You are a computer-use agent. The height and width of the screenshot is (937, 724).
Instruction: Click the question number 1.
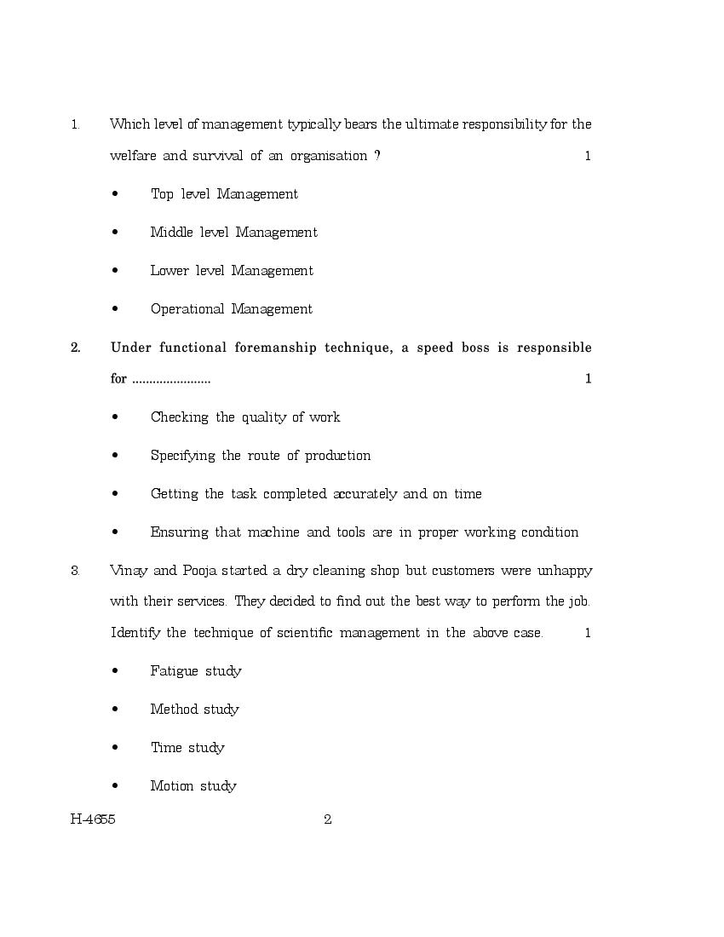pyautogui.click(x=75, y=124)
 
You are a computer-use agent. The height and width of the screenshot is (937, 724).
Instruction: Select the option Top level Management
pyautogui.click(x=224, y=194)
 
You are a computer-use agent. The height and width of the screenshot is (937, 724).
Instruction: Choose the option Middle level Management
pyautogui.click(x=233, y=233)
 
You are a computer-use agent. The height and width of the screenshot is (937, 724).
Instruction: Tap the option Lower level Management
pyautogui.click(x=232, y=271)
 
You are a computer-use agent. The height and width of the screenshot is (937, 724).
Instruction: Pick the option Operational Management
pyautogui.click(x=231, y=309)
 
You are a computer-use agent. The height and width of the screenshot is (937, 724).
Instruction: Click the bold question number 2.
pyautogui.click(x=76, y=348)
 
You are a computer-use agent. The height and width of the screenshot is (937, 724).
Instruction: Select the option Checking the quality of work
pyautogui.click(x=244, y=417)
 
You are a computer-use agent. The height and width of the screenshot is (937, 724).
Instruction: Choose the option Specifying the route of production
pyautogui.click(x=260, y=456)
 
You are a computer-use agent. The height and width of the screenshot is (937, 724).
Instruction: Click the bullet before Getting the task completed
pyautogui.click(x=115, y=494)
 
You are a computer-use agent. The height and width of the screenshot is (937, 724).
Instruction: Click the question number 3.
pyautogui.click(x=75, y=571)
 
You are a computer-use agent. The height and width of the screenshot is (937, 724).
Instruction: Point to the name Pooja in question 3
pyautogui.click(x=201, y=571)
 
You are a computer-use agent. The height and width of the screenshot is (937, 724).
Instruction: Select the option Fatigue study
pyautogui.click(x=196, y=671)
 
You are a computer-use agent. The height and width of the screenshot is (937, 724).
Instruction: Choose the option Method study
pyautogui.click(x=194, y=710)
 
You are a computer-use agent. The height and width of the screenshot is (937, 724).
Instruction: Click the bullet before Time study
pyautogui.click(x=115, y=748)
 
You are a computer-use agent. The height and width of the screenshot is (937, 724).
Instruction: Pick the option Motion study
pyautogui.click(x=193, y=786)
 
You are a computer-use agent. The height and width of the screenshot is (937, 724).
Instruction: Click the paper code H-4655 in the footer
pyautogui.click(x=93, y=820)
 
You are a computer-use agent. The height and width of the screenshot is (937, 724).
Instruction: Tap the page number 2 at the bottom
pyautogui.click(x=327, y=820)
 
